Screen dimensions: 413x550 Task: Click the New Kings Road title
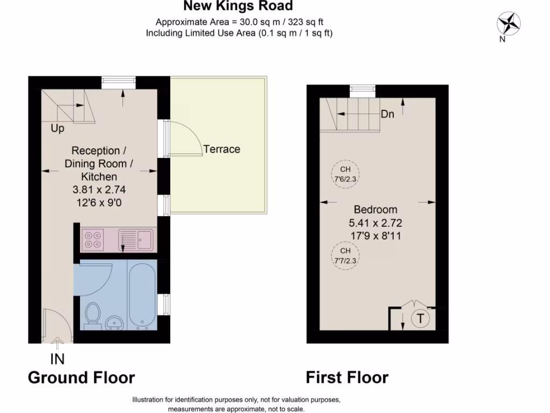238,6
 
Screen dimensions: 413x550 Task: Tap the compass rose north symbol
508,23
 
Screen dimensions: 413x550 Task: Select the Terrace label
222,149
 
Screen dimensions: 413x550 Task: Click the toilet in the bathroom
93,315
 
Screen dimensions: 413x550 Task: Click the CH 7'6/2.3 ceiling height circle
345,174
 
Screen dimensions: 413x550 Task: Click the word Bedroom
375,210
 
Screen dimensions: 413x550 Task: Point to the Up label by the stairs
57,129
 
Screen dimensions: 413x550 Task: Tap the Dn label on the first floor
388,115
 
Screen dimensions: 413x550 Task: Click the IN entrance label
57,359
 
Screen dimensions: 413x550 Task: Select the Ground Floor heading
81,378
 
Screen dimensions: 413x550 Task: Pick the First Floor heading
347,378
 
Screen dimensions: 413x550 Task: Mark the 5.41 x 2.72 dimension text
375,222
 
